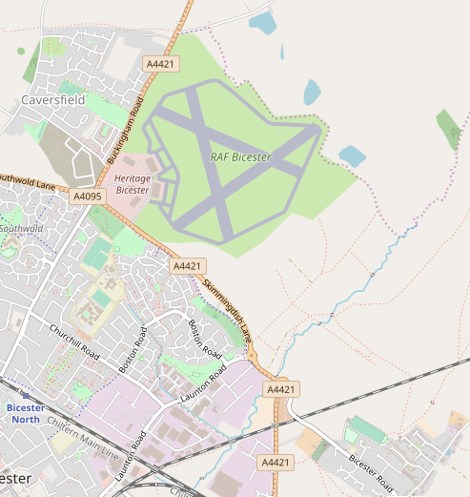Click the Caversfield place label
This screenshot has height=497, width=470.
coord(53,99)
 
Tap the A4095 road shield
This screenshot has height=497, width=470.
coord(87,197)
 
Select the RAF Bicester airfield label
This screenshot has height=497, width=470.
coord(240,157)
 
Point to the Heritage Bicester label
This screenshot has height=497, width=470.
coord(133,184)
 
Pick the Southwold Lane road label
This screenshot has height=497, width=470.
coord(28,178)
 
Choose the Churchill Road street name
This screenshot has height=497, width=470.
coord(74,341)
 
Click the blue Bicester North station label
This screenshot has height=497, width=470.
coord(25,413)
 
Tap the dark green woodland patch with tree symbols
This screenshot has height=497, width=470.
coord(447,128)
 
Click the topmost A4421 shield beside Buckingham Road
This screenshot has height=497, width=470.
coord(160,63)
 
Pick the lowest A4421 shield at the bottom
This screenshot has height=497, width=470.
coord(275,463)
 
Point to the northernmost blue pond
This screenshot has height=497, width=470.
coord(261,22)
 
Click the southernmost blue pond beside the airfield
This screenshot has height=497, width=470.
coord(352,155)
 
